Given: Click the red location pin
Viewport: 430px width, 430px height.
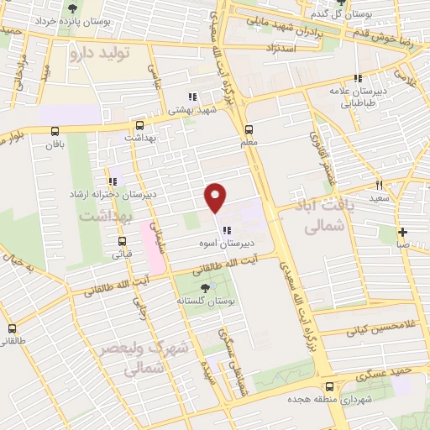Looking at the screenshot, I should click(x=216, y=197).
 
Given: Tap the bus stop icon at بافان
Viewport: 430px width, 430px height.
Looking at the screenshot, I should click(x=55, y=130).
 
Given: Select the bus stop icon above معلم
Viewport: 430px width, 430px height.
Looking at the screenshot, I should click(x=249, y=129).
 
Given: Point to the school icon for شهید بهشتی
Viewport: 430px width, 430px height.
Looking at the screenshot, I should click(x=192, y=97).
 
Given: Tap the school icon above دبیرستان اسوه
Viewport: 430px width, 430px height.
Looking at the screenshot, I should click(x=227, y=231).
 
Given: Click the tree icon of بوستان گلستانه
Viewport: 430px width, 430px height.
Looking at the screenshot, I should click(x=205, y=288).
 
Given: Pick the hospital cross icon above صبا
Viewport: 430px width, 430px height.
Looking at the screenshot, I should click(x=403, y=232).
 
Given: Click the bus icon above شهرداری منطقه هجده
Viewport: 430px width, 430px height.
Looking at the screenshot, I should click(x=329, y=387).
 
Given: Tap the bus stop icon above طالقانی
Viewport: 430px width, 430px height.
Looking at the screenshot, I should click(x=12, y=328).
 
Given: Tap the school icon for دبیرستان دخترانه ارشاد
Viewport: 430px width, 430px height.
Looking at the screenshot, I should click(x=112, y=181).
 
